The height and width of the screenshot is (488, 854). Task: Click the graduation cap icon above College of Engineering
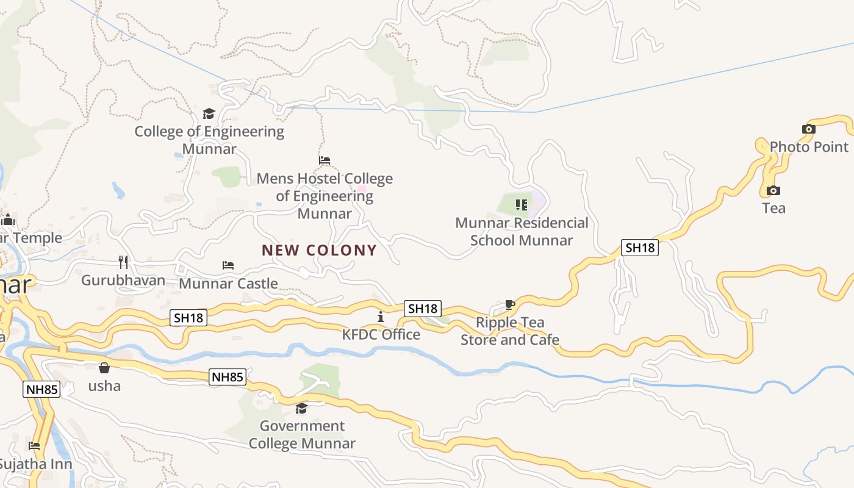[209, 113]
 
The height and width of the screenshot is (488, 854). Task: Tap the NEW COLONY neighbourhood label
[319, 250]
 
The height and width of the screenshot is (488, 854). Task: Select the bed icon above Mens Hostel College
[325, 160]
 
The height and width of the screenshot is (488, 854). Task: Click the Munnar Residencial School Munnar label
[522, 232]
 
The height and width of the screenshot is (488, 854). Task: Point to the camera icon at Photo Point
[809, 129]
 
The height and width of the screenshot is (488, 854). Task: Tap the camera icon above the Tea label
[773, 190]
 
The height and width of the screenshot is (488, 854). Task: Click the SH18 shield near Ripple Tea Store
[423, 309]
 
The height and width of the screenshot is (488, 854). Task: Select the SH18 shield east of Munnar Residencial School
[640, 247]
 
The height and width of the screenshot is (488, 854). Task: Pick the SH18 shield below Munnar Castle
[190, 317]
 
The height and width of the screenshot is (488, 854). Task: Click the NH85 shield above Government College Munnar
[228, 377]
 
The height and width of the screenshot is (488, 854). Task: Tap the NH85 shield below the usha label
[42, 389]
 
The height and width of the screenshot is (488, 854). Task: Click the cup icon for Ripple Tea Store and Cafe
[510, 304]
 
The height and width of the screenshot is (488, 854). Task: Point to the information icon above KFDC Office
[381, 317]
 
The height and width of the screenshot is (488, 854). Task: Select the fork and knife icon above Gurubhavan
[123, 262]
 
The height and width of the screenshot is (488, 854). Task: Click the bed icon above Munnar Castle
[228, 265]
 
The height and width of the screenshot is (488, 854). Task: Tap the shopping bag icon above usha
[104, 368]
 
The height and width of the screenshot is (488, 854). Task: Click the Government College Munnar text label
[302, 434]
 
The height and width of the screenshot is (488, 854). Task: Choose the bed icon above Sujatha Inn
[34, 446]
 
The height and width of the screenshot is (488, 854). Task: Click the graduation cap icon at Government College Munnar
[301, 408]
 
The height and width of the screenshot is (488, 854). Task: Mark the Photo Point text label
[809, 147]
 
